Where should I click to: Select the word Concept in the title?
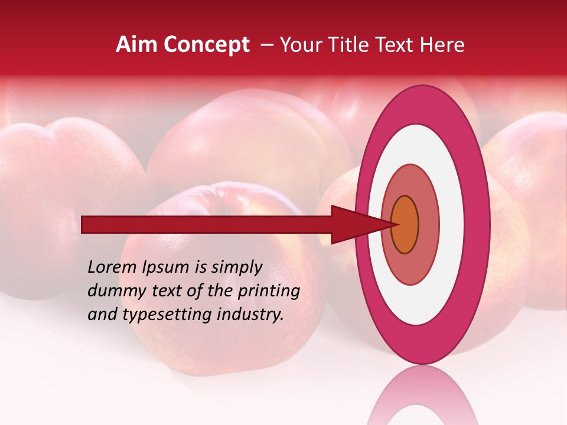coord(207,45)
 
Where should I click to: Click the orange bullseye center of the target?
coord(405,224)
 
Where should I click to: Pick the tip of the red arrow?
coord(395,224)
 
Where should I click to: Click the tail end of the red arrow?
coord(83,224)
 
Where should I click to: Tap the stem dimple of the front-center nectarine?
coord(227,195)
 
